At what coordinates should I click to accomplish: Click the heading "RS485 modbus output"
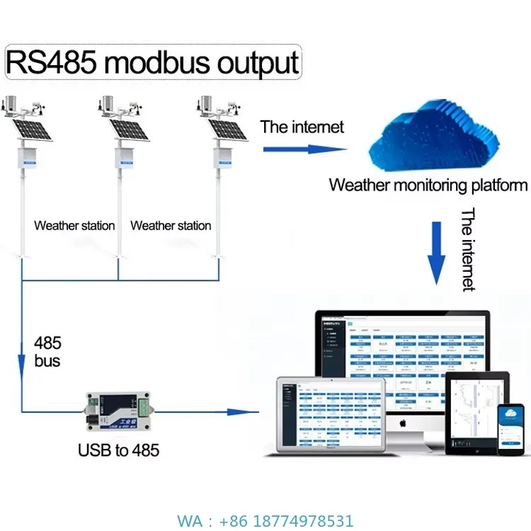coord(153,62)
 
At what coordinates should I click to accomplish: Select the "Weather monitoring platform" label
coord(428,185)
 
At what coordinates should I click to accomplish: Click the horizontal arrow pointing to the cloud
coord(304,149)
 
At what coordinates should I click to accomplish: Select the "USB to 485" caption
coord(118,450)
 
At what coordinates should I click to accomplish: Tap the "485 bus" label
coord(47,352)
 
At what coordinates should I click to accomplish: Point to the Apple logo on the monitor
coord(402,423)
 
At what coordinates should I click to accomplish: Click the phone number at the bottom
coord(265,521)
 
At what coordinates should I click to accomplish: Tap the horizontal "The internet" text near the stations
coord(302,127)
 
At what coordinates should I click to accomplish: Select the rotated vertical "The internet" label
coord(468,249)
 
